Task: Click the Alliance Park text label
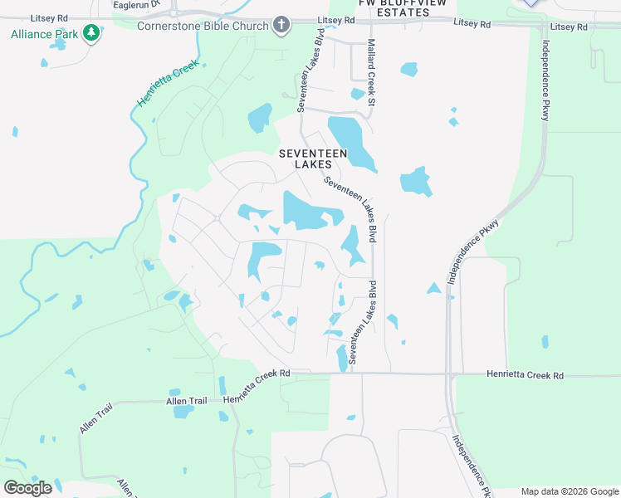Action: coord(44,34)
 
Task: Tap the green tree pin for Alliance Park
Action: coord(90,34)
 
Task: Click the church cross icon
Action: coord(281,25)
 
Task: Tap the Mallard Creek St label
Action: coord(371,72)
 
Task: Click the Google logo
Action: coord(28,488)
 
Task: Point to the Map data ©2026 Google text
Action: coord(570,491)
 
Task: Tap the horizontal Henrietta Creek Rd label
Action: coord(524,376)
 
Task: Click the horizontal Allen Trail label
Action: coord(186,402)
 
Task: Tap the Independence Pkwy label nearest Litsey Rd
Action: coord(545,81)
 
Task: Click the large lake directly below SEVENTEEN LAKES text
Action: coord(309,211)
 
